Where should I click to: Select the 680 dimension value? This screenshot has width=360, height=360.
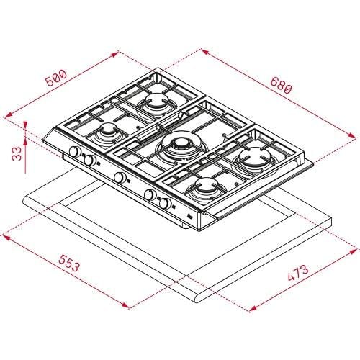(280, 84)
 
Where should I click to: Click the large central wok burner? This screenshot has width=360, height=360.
(175, 147)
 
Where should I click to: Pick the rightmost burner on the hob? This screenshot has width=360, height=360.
(253, 158)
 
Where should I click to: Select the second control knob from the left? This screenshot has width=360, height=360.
(90, 161)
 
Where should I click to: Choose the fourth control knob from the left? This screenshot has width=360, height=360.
(150, 194)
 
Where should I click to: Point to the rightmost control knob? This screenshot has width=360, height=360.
(166, 204)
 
